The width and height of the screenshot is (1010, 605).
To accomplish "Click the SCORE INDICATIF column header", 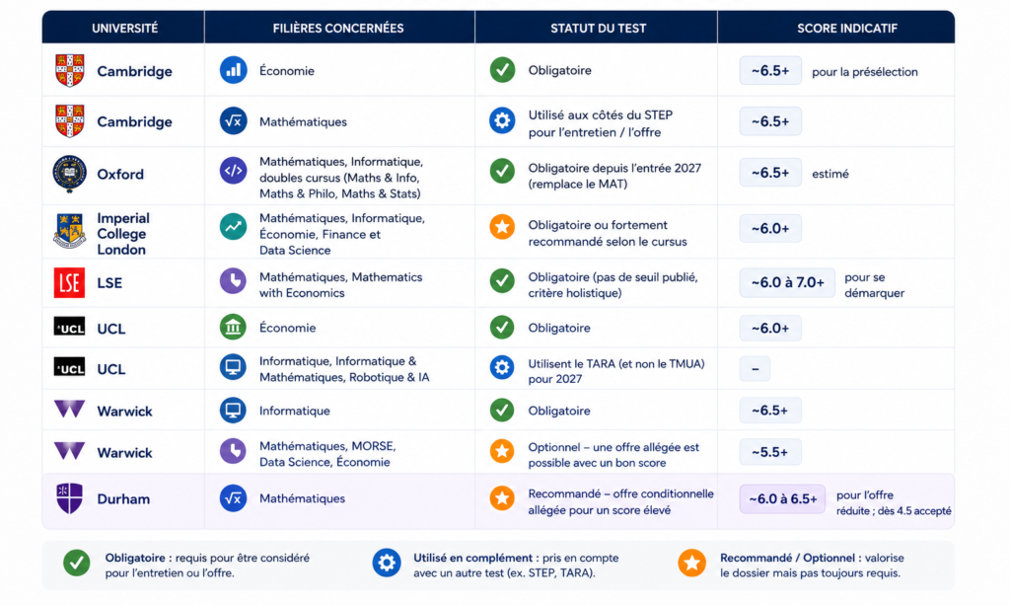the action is point(846,29).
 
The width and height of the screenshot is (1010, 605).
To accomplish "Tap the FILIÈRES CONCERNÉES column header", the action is point(338,29).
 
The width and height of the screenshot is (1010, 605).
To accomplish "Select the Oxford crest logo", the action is point(70,174).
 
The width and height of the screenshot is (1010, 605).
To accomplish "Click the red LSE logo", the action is point(70,283).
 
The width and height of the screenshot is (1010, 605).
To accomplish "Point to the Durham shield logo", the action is point(70,498).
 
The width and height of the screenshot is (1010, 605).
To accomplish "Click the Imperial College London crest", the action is point(70,231).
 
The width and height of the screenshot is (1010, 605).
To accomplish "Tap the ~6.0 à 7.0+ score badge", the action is point(787,283).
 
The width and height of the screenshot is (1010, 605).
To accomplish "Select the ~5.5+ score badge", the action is point(769,452).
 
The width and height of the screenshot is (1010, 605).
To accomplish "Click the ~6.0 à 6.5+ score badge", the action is point(782,499).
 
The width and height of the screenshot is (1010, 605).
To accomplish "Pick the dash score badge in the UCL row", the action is point(755,369).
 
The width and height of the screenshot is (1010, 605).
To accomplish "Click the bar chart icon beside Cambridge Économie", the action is point(233,70).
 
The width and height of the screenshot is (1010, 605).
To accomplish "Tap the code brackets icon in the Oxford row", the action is point(233,171).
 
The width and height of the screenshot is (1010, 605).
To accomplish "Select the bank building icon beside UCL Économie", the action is point(233,328).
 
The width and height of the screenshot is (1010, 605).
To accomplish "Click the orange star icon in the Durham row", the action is point(502,498).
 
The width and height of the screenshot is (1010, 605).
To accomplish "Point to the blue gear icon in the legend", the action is point(387,564).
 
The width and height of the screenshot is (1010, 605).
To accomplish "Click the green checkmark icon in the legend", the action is point(77,564).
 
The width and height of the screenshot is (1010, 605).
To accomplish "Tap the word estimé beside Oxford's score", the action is point(830,174).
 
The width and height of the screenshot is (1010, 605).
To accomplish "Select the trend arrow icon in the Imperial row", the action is point(233,227).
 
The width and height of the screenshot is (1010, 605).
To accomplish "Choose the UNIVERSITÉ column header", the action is point(124,29).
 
